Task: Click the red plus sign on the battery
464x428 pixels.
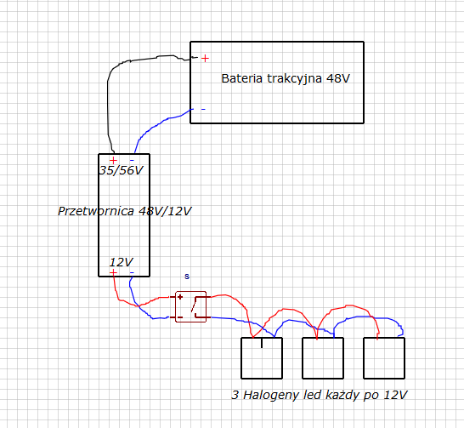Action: (205, 59)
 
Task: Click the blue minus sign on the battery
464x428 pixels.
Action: (203, 109)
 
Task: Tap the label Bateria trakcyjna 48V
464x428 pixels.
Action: (286, 79)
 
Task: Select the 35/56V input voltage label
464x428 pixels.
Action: (121, 170)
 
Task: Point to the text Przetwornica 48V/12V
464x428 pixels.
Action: (125, 211)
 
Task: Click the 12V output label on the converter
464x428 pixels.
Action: (122, 262)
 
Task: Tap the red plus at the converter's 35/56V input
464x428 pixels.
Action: (113, 161)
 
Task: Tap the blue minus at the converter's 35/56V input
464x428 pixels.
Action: (132, 161)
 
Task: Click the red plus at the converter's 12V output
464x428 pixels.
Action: (113, 272)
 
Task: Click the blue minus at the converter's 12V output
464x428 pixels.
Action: (132, 272)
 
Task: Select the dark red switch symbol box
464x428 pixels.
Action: (191, 306)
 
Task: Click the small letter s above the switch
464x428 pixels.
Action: (187, 277)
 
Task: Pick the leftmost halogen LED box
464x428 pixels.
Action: (262, 358)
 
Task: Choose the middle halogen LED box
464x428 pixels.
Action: (323, 358)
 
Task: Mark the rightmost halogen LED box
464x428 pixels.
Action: (384, 358)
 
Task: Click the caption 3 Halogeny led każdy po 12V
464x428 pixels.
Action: (320, 395)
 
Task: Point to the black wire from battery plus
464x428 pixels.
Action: (108, 88)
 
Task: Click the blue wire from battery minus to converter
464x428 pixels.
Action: (157, 125)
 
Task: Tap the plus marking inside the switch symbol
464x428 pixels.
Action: (180, 297)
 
